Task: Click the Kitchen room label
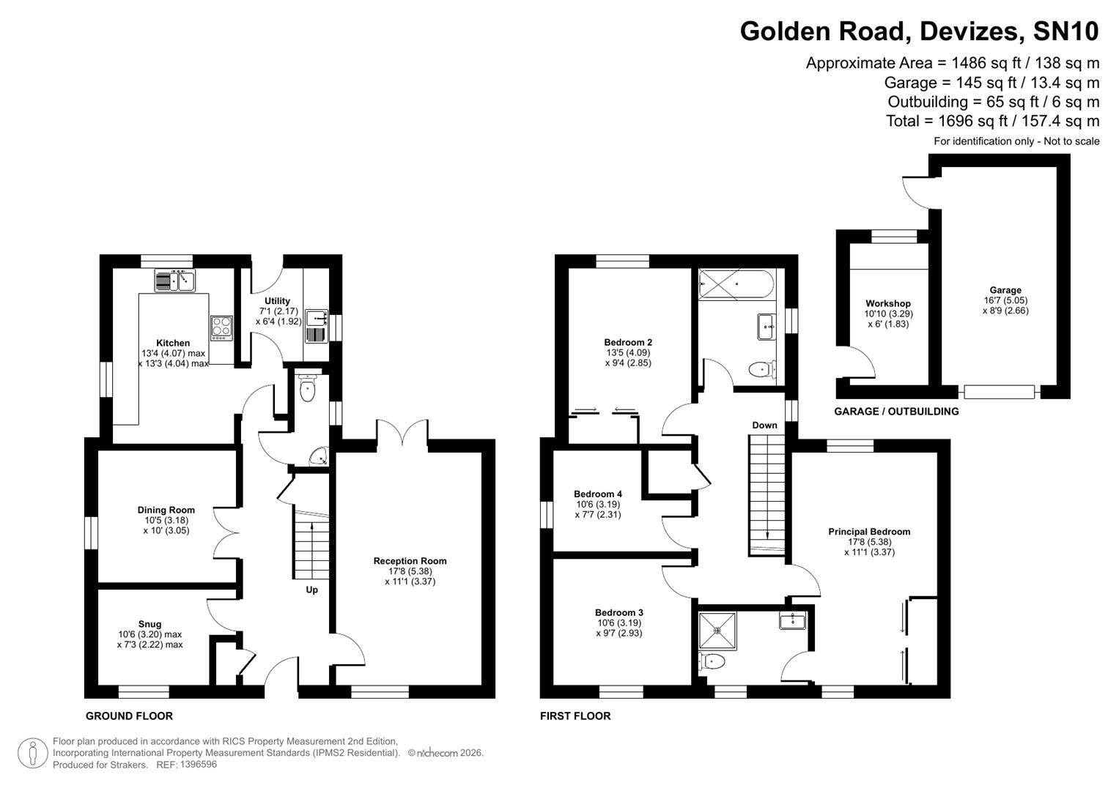point(173,343)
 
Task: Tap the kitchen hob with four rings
point(221,327)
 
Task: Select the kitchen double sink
point(174,280)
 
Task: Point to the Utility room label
point(277,301)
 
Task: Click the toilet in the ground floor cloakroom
point(307,390)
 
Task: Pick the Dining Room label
point(166,510)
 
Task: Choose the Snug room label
point(149,625)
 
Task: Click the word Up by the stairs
point(311,590)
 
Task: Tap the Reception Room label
point(410,561)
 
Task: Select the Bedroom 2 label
point(628,342)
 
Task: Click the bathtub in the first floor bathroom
point(735,284)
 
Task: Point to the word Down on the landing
point(764,426)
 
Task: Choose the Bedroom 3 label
point(619,612)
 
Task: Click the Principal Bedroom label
point(869,532)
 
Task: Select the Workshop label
point(887,303)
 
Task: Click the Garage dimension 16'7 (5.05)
point(1005,300)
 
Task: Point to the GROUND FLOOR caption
point(129,716)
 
